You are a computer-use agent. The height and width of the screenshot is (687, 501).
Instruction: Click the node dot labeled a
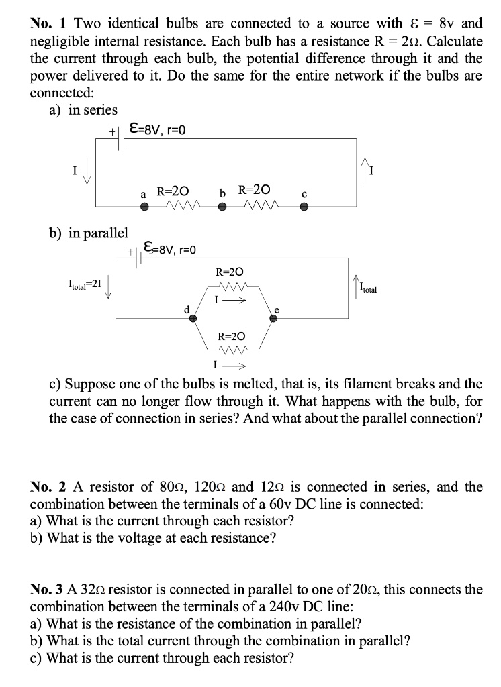point(144,207)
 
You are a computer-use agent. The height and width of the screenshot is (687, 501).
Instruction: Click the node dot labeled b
point(223,207)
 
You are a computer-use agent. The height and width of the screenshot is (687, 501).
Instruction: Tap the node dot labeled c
point(304,207)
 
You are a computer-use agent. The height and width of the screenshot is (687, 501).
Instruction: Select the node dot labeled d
point(193,319)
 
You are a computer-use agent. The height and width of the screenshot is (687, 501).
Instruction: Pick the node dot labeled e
point(273,319)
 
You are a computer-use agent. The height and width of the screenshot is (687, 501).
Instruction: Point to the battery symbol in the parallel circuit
point(139,258)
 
